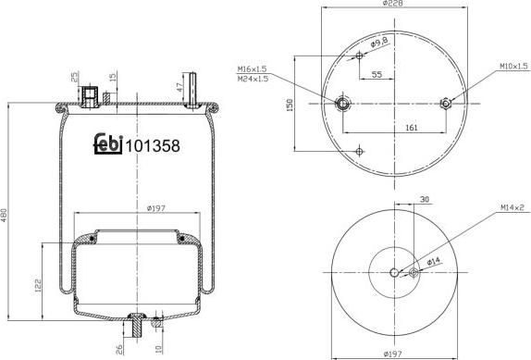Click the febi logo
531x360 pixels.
[108, 145]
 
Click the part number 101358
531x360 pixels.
[152, 145]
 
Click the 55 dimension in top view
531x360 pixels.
[377, 73]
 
